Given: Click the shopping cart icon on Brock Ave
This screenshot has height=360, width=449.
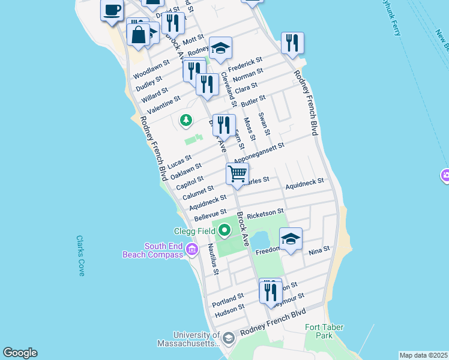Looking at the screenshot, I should click(x=238, y=173).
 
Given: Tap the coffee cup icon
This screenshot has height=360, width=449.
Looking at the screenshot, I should click(x=112, y=10).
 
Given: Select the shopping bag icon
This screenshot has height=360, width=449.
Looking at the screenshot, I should click(x=138, y=35).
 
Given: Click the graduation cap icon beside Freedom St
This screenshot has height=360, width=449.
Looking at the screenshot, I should click(x=291, y=239).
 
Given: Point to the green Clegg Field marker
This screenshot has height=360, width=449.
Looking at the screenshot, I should click(x=224, y=230).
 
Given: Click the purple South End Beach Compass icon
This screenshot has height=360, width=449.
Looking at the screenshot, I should click(x=192, y=250).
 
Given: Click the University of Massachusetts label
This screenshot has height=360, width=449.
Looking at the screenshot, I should click(x=189, y=339).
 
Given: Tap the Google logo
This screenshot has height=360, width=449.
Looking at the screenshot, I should click(x=20, y=353).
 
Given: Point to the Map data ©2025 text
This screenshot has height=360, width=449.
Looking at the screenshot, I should click(x=423, y=355).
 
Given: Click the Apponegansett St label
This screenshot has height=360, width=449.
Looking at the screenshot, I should click(x=258, y=153).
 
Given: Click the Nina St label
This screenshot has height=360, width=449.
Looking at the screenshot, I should click(x=319, y=249).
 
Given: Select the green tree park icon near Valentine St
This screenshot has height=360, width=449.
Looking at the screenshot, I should click(x=186, y=121).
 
